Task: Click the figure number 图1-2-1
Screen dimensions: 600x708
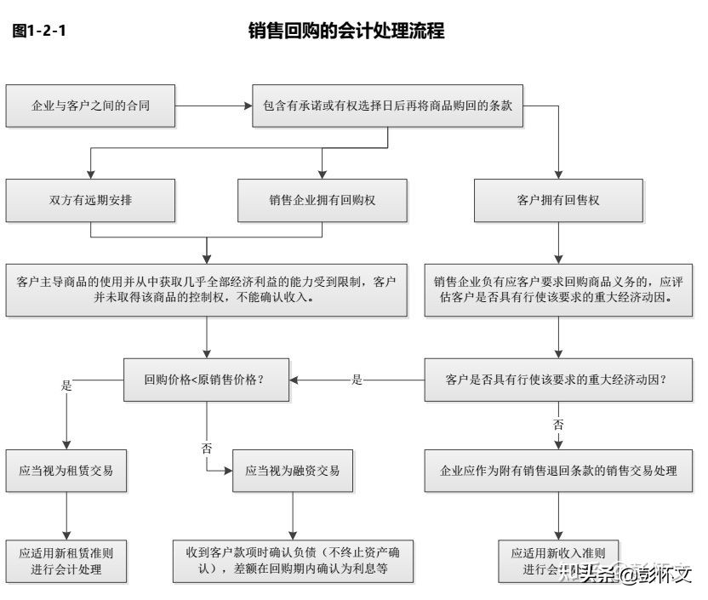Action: click(x=39, y=32)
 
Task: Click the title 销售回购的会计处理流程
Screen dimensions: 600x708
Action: click(x=346, y=32)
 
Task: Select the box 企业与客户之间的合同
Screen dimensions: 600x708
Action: click(x=91, y=106)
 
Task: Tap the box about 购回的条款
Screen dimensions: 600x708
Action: click(x=388, y=106)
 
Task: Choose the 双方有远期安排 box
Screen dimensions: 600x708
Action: click(x=91, y=201)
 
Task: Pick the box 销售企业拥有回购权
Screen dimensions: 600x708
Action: click(x=322, y=201)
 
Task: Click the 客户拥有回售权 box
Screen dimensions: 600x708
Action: click(x=558, y=201)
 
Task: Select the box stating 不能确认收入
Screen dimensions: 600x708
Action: click(x=206, y=290)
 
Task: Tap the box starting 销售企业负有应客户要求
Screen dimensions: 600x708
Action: click(x=558, y=290)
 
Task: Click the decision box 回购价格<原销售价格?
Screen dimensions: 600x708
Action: click(x=206, y=380)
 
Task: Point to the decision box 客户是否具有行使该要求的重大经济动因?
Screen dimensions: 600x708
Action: click(x=558, y=380)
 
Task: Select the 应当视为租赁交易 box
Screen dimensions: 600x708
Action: click(x=66, y=470)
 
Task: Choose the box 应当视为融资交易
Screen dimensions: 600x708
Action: click(x=292, y=470)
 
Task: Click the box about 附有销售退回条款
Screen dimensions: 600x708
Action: click(x=558, y=470)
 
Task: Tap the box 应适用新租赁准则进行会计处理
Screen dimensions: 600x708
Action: click(x=66, y=561)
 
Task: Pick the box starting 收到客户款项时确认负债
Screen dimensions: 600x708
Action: click(x=292, y=561)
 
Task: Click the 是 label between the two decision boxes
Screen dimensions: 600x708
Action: click(x=357, y=380)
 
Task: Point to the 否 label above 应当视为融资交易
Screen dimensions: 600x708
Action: click(x=207, y=448)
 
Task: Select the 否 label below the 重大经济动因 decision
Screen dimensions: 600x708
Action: click(x=558, y=423)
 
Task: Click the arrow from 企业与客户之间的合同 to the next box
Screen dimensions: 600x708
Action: click(x=214, y=106)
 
